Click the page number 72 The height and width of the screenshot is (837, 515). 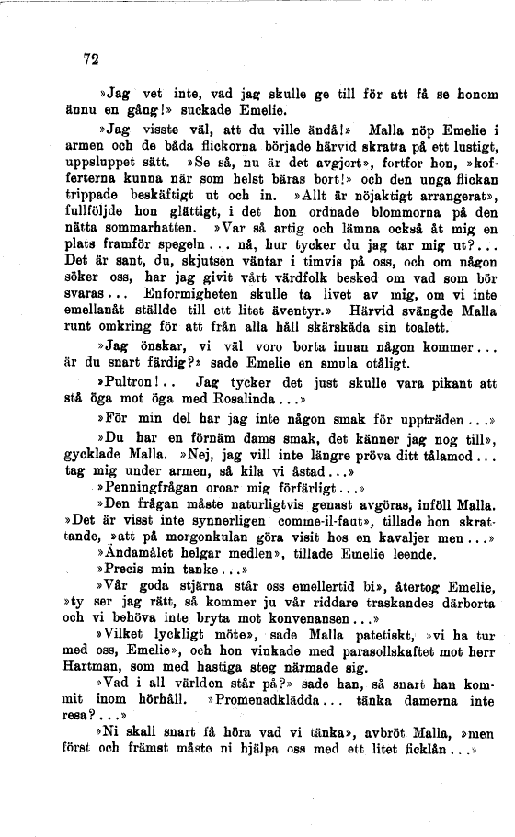click(90, 61)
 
